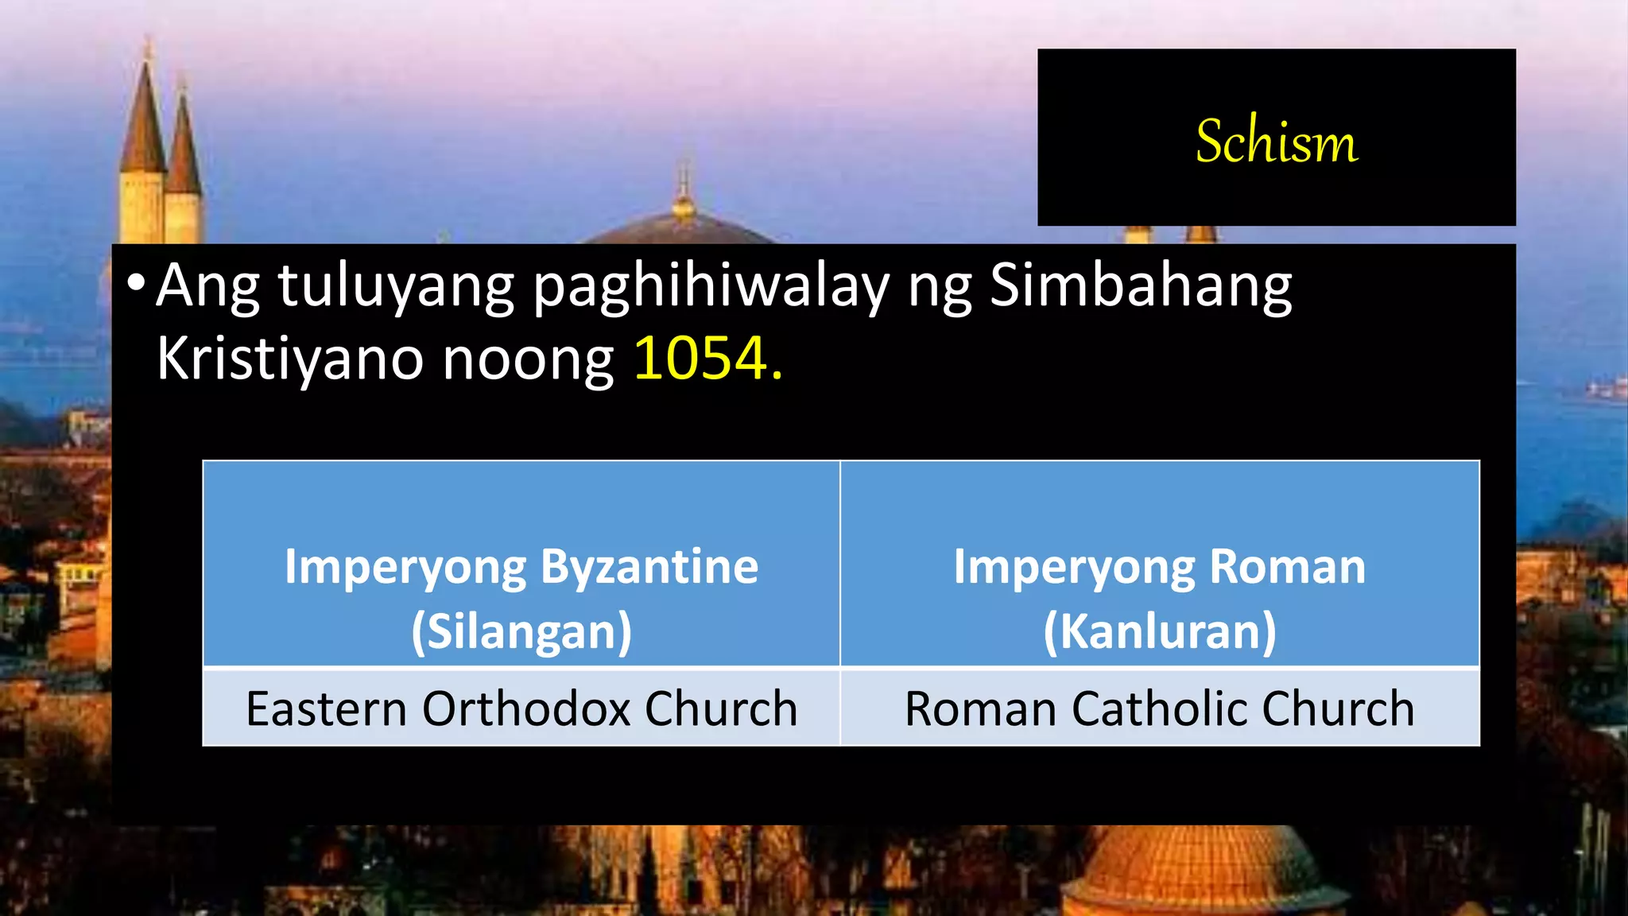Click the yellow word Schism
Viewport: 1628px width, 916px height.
coord(1277,141)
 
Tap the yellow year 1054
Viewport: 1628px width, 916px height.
coord(701,359)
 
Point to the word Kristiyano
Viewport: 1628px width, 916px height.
coord(289,359)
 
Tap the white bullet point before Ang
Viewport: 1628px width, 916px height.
coord(136,283)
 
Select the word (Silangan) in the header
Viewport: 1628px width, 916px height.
coord(521,631)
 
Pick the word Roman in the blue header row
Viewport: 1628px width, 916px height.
coord(1287,567)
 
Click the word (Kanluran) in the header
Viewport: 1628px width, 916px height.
coord(1160,631)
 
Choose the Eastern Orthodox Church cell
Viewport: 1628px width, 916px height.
coord(521,708)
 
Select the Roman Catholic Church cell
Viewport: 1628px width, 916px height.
coord(1160,708)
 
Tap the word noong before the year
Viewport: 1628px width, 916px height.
coord(527,359)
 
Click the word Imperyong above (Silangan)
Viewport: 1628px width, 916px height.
coord(405,567)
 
